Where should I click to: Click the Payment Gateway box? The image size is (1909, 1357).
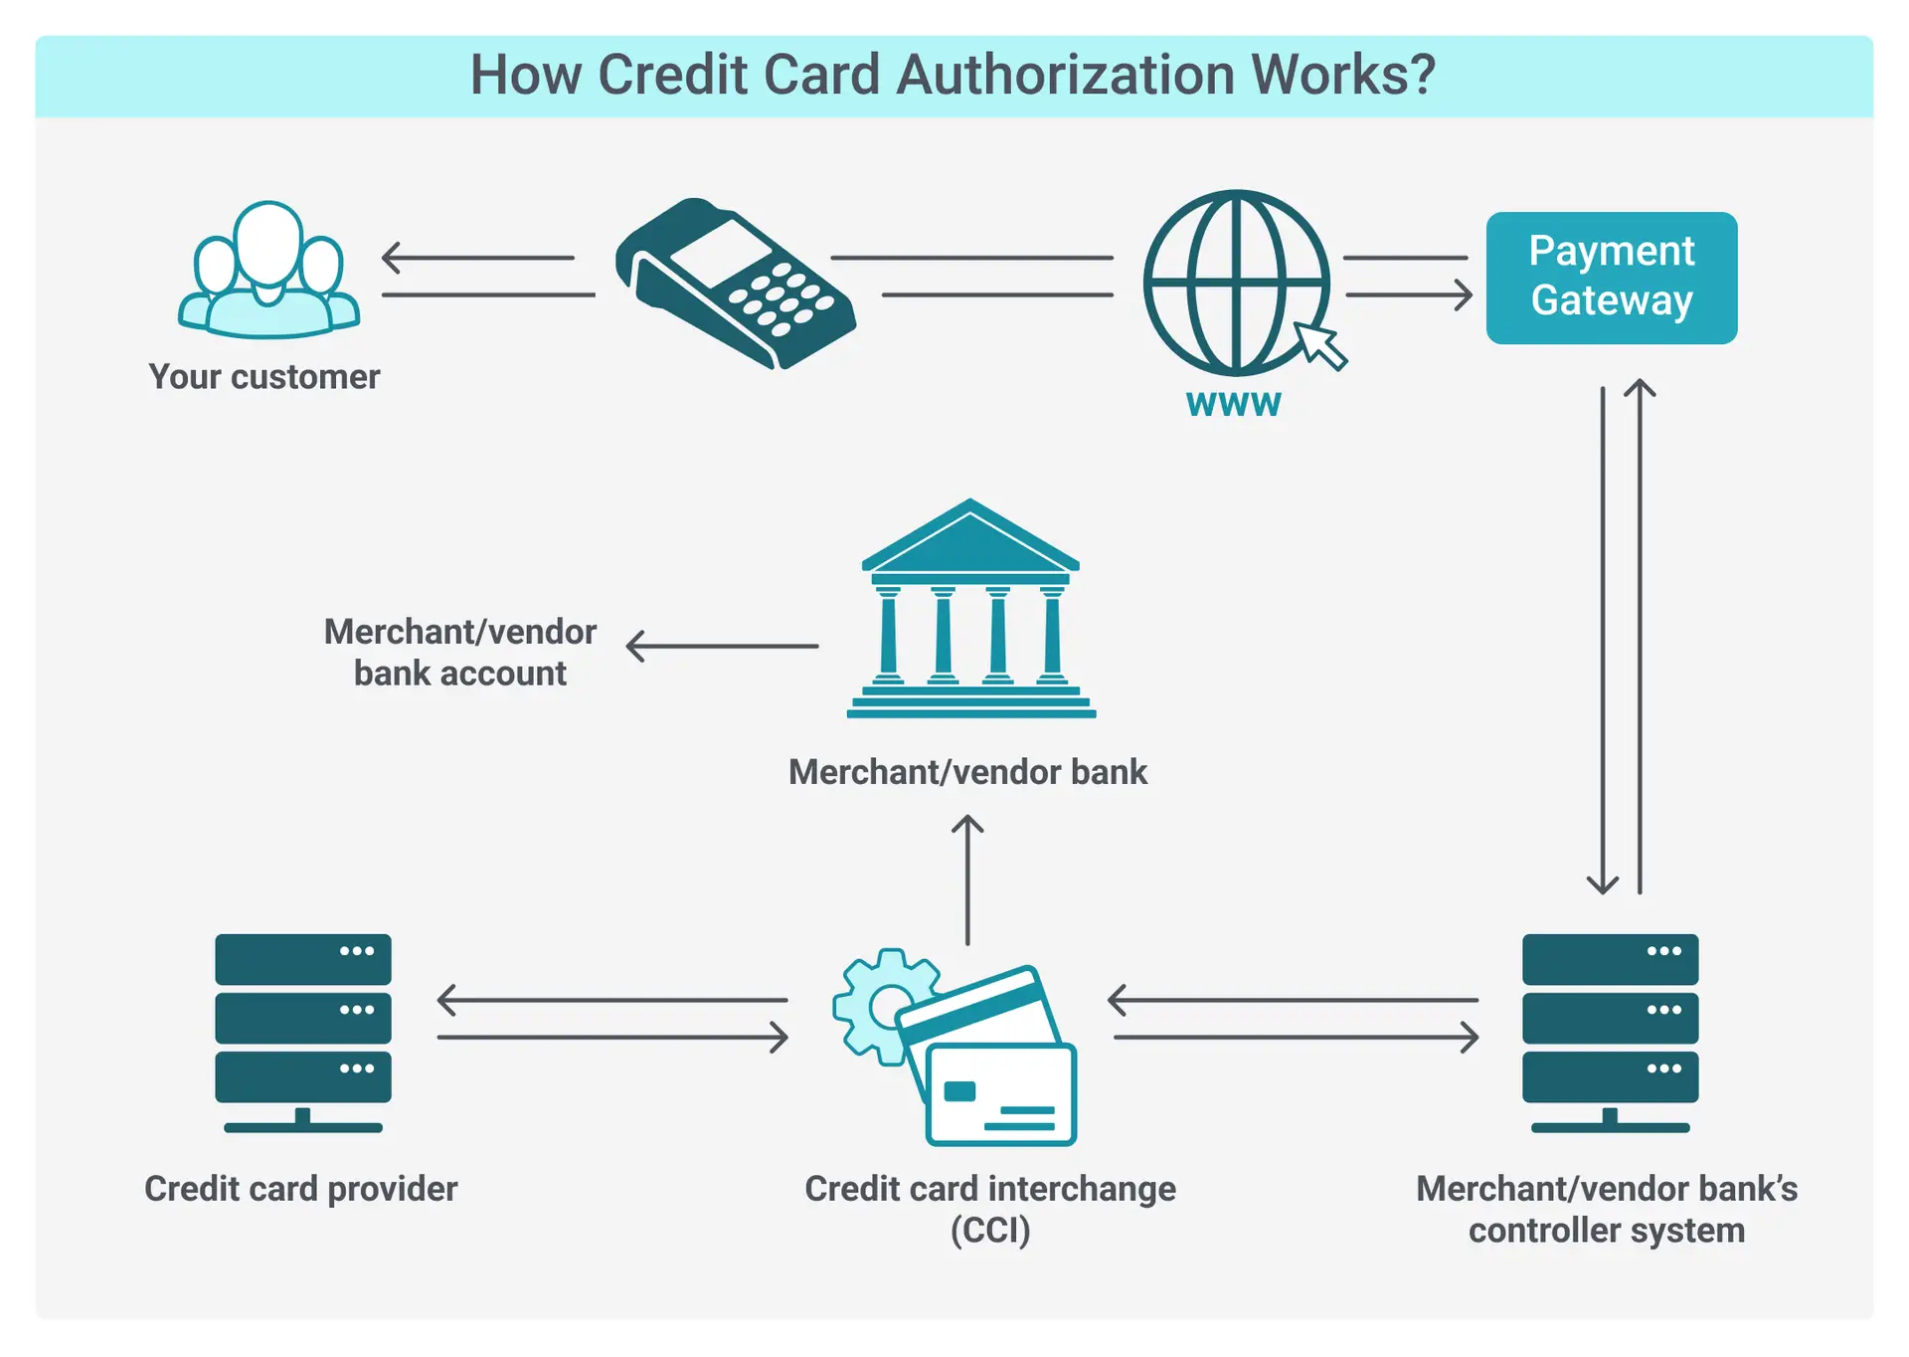coord(1611,278)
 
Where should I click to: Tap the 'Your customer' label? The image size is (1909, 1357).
coord(264,377)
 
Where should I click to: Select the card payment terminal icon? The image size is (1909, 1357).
coord(735,285)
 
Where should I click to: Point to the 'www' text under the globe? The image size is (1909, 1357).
coord(1233,404)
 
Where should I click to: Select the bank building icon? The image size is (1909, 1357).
coord(970,611)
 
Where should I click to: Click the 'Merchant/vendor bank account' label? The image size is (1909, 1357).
coord(460,653)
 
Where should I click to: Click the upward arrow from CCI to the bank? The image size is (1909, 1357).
coord(967,879)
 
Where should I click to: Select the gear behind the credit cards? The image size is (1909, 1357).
coord(874,1005)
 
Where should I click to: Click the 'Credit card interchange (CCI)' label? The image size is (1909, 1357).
coord(989,1209)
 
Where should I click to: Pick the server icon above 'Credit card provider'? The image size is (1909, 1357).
coord(303,1031)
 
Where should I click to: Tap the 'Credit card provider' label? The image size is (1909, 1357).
coord(301,1189)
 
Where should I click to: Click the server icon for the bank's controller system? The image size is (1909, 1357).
coord(1610,1031)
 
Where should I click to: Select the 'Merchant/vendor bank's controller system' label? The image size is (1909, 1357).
coord(1607,1209)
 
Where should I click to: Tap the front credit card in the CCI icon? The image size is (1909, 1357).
coord(1000,1094)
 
